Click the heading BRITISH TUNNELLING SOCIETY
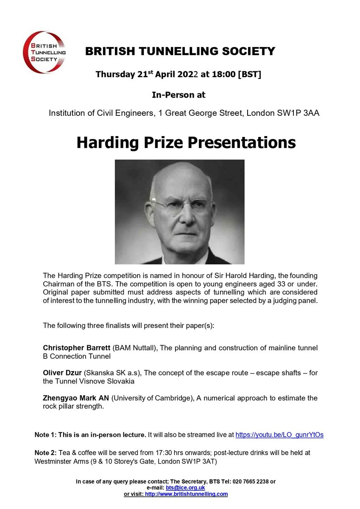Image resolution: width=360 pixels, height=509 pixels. pos(180,52)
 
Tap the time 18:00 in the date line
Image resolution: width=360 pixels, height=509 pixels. pos(225,75)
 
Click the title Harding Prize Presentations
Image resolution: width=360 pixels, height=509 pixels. pos(186,143)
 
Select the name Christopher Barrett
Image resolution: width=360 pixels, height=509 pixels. pos(77,348)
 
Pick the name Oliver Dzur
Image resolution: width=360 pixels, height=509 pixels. pos(62,373)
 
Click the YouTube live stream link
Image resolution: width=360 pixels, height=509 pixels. pos(279,435)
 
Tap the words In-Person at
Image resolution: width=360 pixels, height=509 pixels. pos(178,95)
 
